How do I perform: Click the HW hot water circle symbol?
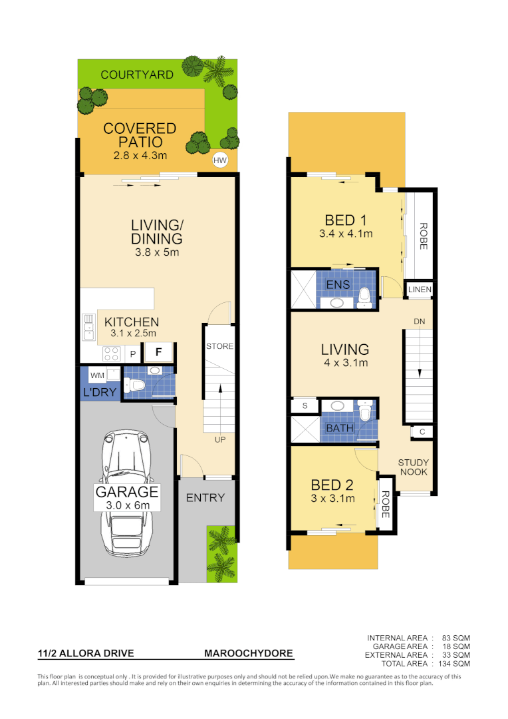[x=219, y=160]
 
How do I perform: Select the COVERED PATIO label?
[x=140, y=135]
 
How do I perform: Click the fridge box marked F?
[x=160, y=352]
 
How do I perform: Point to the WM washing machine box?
[x=97, y=375]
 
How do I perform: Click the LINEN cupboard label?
[x=420, y=290]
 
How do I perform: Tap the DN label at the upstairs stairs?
[x=419, y=322]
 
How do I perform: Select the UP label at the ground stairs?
[x=219, y=439]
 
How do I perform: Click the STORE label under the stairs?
[x=219, y=346]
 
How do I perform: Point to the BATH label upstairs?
[x=340, y=428]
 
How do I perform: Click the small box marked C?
[x=422, y=432]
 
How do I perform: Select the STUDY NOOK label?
[x=413, y=467]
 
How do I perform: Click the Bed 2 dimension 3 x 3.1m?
[x=333, y=499]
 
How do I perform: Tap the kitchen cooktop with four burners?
[x=111, y=352]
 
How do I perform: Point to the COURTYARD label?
[x=137, y=75]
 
